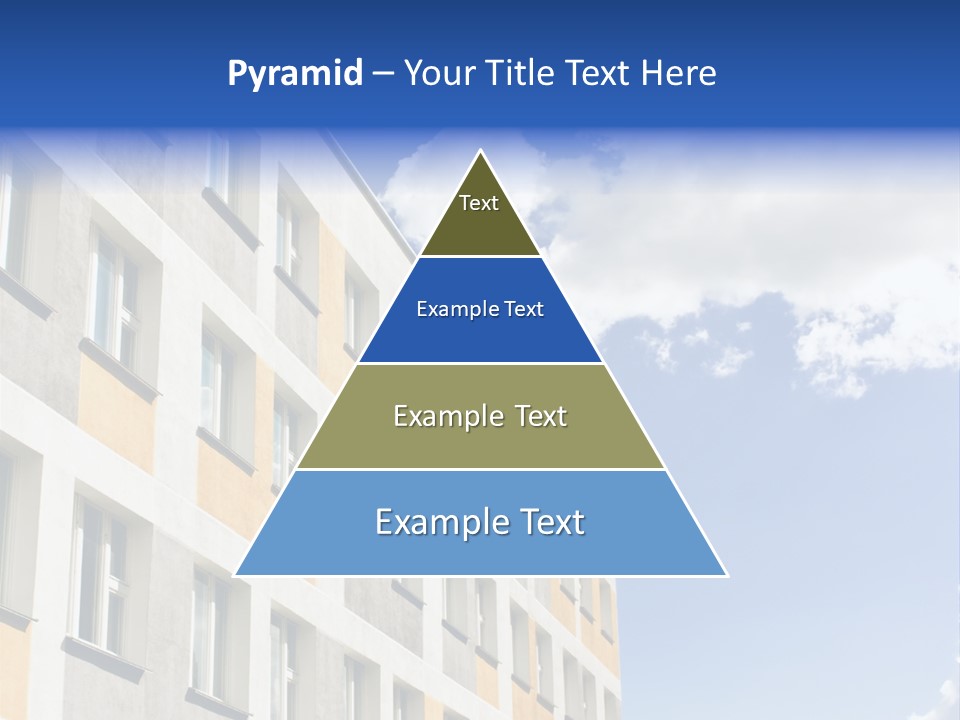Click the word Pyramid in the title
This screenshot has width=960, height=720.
click(x=295, y=74)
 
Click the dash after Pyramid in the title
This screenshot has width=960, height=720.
click(x=382, y=74)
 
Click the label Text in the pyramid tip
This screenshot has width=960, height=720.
click(x=479, y=203)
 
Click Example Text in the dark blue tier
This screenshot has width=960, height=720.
click(x=480, y=309)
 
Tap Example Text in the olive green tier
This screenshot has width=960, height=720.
click(x=480, y=416)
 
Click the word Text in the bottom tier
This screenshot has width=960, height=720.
click(x=550, y=522)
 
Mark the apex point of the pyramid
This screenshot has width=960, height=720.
click(x=481, y=152)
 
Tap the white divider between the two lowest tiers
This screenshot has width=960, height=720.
click(x=480, y=469)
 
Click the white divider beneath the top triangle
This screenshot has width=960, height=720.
click(x=480, y=256)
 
